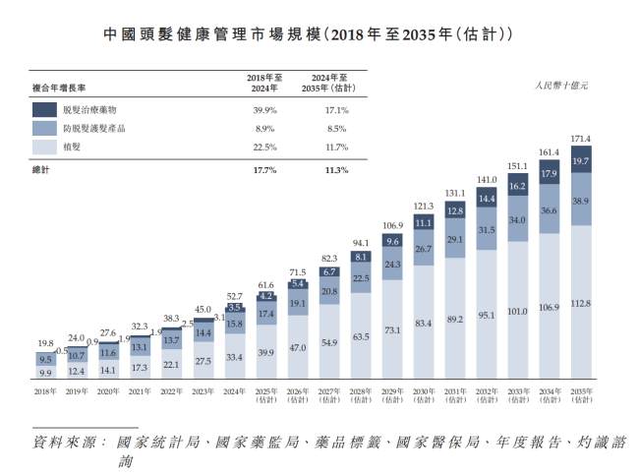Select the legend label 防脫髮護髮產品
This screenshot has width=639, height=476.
click(x=96, y=129)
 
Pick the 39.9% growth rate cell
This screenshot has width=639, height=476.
click(x=265, y=110)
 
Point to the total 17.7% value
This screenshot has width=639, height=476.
click(x=265, y=169)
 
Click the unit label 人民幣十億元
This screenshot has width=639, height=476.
click(x=561, y=87)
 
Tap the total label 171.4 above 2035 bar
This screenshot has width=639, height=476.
click(x=580, y=138)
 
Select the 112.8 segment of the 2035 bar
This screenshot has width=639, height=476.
click(x=580, y=303)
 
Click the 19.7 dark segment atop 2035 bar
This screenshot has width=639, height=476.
click(x=580, y=160)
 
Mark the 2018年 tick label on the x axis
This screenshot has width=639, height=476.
click(x=45, y=391)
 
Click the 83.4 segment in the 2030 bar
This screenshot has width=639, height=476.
click(x=423, y=323)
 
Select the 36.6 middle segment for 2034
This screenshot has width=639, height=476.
click(x=549, y=210)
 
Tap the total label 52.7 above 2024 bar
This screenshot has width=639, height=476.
click(x=234, y=295)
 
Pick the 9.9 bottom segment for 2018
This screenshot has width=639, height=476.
click(x=45, y=374)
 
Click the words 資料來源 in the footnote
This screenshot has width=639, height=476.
click(x=68, y=442)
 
